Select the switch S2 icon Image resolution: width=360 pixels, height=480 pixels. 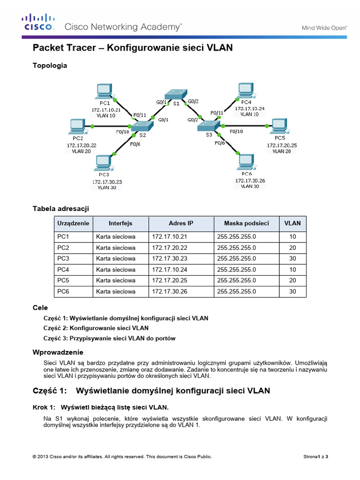[x=141, y=126]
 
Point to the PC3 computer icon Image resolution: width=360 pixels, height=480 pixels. [x=104, y=163]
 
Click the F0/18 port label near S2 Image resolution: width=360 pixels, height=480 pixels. [x=122, y=132]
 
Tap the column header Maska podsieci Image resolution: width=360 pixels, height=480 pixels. [x=246, y=224]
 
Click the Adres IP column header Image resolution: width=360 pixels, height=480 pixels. [x=181, y=224]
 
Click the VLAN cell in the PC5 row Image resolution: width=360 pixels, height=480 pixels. [x=292, y=280]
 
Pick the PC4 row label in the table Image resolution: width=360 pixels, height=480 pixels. [x=63, y=270]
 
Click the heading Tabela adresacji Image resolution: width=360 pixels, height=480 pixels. [x=60, y=208]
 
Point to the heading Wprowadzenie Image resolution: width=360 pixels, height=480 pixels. [x=58, y=352]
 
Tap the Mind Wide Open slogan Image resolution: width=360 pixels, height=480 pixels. [x=323, y=28]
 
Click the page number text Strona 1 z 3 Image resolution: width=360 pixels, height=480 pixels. [x=316, y=456]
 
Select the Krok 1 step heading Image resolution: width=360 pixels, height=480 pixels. [x=100, y=406]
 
